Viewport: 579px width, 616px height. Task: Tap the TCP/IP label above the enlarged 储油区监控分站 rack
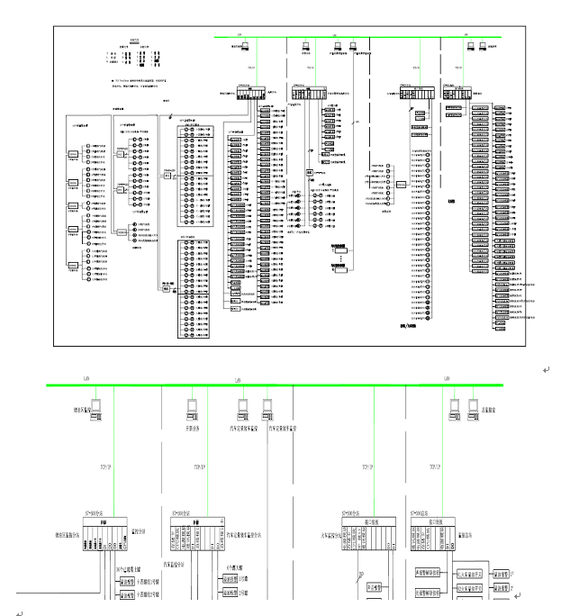coord(102,467)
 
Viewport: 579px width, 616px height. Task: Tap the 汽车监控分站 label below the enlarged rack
coord(175,565)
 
